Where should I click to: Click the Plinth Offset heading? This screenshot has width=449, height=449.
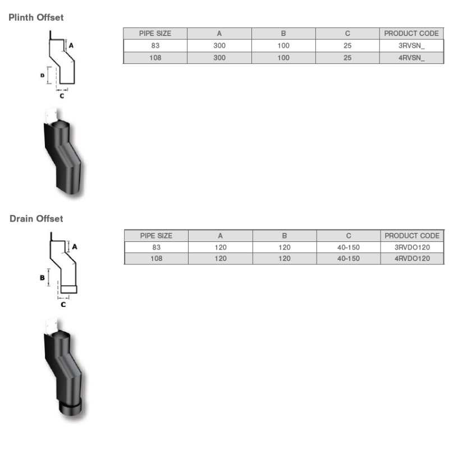(x=36, y=17)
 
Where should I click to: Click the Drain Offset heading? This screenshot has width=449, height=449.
(x=36, y=219)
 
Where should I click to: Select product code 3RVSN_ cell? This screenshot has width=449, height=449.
(x=411, y=45)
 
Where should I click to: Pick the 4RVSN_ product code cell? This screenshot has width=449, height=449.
(x=411, y=58)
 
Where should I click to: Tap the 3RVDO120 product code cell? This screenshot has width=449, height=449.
(x=412, y=247)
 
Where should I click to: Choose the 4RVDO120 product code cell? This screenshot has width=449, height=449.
(x=412, y=259)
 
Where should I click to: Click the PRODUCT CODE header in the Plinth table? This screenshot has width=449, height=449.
(x=411, y=34)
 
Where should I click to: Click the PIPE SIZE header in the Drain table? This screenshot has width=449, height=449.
(x=156, y=236)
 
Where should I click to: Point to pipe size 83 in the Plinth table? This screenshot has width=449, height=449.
(x=155, y=45)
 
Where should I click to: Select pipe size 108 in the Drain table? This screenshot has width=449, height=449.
(x=157, y=259)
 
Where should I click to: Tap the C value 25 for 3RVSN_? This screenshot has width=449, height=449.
(x=347, y=45)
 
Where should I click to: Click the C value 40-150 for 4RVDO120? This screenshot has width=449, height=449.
(x=349, y=259)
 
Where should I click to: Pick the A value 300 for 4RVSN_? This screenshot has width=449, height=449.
(x=219, y=58)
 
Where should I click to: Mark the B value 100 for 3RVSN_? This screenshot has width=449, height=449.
(x=283, y=45)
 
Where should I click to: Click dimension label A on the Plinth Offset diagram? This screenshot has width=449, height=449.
(x=71, y=45)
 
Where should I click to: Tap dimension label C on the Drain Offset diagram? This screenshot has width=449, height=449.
(x=63, y=305)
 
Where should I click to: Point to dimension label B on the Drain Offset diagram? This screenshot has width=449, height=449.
(x=43, y=277)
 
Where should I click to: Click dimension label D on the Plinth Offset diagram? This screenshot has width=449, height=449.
(x=43, y=75)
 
